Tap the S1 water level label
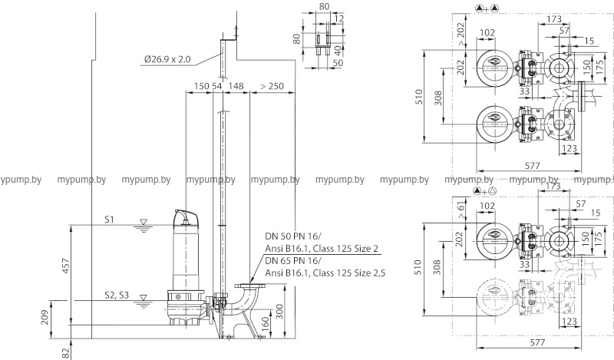click(x=110, y=220)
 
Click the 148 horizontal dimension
click(x=236, y=86)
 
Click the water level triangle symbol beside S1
click(x=142, y=223)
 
